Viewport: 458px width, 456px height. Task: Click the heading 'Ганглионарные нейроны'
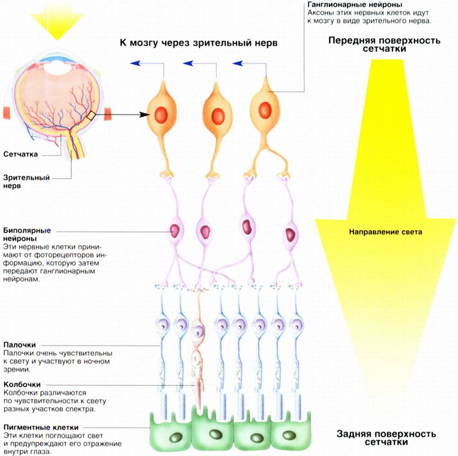(x=354, y=5)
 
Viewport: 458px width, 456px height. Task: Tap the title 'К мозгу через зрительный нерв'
(x=199, y=43)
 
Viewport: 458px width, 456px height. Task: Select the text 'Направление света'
(x=386, y=232)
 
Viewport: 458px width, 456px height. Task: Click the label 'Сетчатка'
(x=21, y=154)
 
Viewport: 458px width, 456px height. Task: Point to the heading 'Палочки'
(x=20, y=345)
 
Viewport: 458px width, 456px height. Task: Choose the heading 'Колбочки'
(x=22, y=385)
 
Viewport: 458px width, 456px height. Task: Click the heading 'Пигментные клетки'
(x=41, y=427)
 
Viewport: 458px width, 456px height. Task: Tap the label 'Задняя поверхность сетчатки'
(x=386, y=438)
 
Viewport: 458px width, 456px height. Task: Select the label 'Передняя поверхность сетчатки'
(x=384, y=44)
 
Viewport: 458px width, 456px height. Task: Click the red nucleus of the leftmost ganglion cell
(x=161, y=115)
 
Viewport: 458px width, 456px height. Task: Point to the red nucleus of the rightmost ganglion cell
(x=265, y=110)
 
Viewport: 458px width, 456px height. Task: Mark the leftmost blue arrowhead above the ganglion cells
(x=135, y=63)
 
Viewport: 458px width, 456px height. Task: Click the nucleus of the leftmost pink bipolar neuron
(x=175, y=231)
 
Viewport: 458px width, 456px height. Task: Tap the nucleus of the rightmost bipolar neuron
(x=290, y=235)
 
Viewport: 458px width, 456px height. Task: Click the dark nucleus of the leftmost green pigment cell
(x=176, y=438)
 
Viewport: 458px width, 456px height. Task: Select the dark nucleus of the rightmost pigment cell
(x=289, y=435)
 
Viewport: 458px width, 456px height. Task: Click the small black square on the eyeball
(x=91, y=115)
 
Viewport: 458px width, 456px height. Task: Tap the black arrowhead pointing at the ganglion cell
(x=144, y=115)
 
